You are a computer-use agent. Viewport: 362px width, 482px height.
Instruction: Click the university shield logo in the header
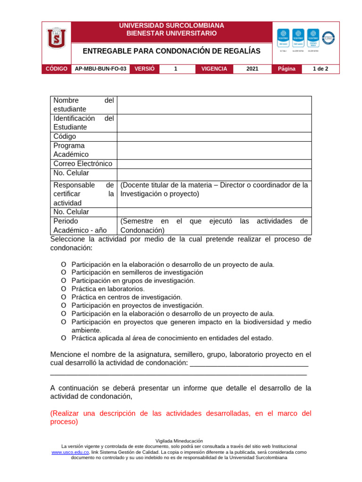56,38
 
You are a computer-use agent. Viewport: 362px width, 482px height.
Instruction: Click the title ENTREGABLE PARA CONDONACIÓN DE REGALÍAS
171,51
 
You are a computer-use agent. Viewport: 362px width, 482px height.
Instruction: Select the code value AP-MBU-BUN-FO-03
100,69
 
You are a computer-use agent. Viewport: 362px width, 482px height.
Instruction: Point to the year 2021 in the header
252,69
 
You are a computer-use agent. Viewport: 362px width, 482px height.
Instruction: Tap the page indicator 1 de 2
320,69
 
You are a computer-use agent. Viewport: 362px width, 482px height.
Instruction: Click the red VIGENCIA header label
214,69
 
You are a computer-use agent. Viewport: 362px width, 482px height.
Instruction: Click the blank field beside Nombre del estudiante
214,105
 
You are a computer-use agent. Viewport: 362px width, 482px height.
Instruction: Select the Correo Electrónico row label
83,164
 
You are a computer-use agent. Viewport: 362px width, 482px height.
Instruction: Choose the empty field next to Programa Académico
214,150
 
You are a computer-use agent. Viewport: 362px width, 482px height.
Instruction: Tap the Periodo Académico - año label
80,226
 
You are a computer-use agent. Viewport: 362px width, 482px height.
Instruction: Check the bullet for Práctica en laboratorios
64,289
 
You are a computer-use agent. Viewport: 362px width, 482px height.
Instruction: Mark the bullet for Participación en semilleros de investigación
64,273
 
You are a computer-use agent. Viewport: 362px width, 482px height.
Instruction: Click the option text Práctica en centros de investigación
126,297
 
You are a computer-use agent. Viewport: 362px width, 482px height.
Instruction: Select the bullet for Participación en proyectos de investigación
64,305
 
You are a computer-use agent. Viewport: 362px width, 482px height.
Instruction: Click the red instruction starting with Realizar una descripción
181,418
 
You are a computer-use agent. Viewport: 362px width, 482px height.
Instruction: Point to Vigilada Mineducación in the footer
181,441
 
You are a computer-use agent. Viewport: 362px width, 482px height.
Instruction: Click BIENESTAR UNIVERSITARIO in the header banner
172,33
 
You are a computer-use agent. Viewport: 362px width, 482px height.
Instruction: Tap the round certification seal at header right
328,38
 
